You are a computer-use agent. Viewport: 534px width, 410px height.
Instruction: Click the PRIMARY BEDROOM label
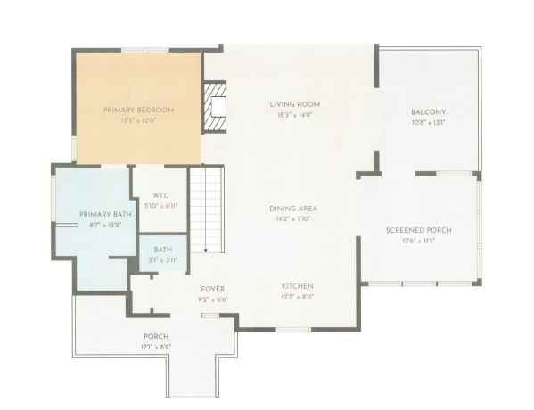coord(138,110)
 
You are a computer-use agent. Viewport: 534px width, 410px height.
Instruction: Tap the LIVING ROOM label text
coord(295,104)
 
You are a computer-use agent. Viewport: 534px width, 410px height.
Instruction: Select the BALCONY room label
coord(423,112)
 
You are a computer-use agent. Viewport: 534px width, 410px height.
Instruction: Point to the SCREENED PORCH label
coord(418,230)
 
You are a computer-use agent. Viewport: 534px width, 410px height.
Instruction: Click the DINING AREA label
coord(293,209)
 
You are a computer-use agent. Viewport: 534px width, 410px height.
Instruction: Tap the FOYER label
coord(212,289)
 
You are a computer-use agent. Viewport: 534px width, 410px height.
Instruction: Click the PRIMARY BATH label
coord(100,215)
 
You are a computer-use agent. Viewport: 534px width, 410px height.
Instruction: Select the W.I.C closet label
coord(160,195)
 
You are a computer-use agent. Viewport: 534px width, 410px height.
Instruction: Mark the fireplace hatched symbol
coord(215,107)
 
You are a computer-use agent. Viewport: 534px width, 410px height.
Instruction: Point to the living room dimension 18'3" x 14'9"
coord(295,114)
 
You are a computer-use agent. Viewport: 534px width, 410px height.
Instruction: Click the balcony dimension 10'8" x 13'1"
coord(423,122)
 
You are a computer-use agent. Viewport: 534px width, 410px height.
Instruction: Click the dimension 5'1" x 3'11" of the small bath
coord(163,259)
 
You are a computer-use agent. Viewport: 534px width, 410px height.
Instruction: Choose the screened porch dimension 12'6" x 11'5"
coord(418,240)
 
